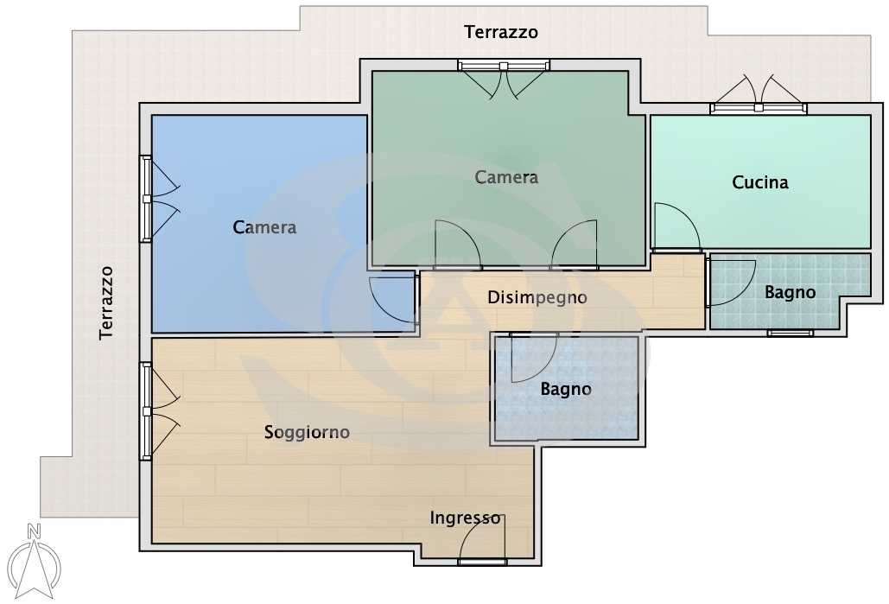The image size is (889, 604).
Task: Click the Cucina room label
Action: pyautogui.click(x=759, y=182)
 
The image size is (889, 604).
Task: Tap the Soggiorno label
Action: pyautogui.click(x=307, y=433)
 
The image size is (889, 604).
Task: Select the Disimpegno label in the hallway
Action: pyautogui.click(x=537, y=298)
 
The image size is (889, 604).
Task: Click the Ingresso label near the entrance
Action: pyautogui.click(x=465, y=518)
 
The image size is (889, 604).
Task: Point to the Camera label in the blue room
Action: pyautogui.click(x=264, y=227)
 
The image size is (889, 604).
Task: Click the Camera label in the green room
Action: pyautogui.click(x=505, y=177)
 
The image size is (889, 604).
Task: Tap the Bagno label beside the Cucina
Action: pyautogui.click(x=790, y=293)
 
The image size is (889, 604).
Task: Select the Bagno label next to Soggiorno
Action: pyautogui.click(x=566, y=389)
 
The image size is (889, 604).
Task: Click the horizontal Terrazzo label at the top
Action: pyautogui.click(x=500, y=32)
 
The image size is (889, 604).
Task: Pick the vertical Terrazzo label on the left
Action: pyautogui.click(x=106, y=302)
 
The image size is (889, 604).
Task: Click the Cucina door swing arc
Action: pyautogui.click(x=676, y=226)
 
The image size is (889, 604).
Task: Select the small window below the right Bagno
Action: pyautogui.click(x=791, y=333)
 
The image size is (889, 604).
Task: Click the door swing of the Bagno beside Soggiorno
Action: pyautogui.click(x=534, y=358)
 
